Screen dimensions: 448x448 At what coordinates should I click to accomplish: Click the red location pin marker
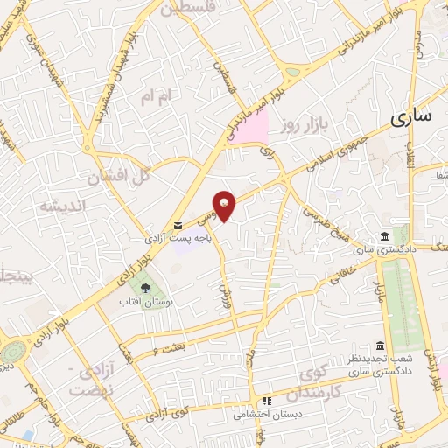coord(226,206)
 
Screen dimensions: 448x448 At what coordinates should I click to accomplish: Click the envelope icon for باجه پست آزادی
coord(179,226)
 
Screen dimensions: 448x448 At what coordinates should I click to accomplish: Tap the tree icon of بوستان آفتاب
coord(146,287)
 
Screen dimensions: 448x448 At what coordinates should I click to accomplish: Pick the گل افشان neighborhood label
coord(119,177)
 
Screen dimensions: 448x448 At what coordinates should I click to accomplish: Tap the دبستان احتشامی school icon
coord(268,402)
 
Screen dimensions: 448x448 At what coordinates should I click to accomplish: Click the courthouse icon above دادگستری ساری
coord(385,238)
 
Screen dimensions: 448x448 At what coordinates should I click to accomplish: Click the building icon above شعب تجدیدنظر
coord(379,346)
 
